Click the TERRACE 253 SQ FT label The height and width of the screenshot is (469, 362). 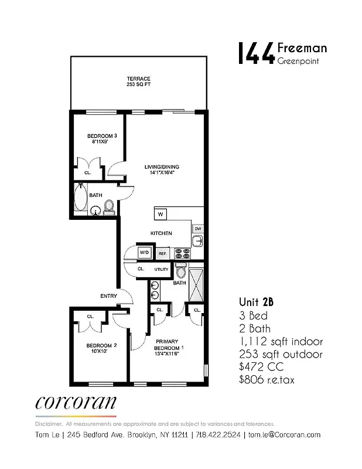click(x=139, y=81)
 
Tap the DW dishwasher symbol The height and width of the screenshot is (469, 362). click(x=198, y=229)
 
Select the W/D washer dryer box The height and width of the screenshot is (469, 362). click(x=144, y=253)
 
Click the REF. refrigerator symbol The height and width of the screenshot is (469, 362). click(x=162, y=253)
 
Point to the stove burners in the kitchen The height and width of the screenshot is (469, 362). click(x=183, y=253)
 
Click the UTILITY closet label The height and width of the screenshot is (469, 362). click(x=161, y=269)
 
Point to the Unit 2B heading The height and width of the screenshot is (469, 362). click(x=256, y=302)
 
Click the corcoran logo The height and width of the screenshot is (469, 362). click(x=76, y=403)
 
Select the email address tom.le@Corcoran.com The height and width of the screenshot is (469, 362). click(x=284, y=434)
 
